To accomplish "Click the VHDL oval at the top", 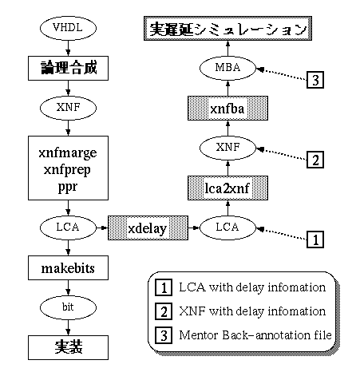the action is coord(68,28).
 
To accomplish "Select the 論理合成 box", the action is coord(68,68).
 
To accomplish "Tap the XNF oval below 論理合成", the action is coord(68,108).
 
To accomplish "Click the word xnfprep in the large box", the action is coord(67,170).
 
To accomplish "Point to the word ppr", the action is coord(68,187).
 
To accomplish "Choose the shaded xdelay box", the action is coord(148,228).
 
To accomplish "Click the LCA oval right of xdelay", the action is coord(227,228).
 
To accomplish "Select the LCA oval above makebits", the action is coord(68,228).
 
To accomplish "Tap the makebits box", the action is coord(68,268).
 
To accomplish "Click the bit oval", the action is coord(68,307).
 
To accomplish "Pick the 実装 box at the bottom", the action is coord(68,347).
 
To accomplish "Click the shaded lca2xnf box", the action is coord(227,188).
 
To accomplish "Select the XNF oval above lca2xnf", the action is coord(227,148).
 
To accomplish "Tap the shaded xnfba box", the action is coord(227,109).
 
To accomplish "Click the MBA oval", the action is coord(227,68).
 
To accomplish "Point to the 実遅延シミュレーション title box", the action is coord(227,29).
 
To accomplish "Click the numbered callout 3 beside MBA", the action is coord(315,80).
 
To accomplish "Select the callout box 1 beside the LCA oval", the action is coord(315,239).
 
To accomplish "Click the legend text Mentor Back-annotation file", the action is coord(255,335).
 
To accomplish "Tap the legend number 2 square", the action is coord(164,311).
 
